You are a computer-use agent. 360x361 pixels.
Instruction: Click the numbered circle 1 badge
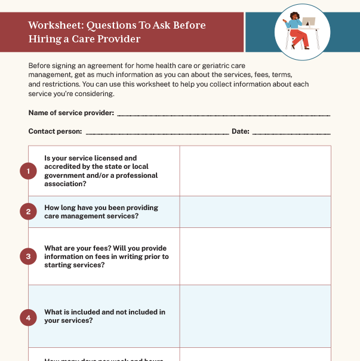28,171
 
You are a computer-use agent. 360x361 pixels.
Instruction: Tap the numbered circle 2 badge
28,211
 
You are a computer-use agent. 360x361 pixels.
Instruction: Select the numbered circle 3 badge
28,257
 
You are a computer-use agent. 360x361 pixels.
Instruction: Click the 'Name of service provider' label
71,113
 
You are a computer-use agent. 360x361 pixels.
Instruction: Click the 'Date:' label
240,131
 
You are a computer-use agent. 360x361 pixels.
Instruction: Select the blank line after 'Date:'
291,132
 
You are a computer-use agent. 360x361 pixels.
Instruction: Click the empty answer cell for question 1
255,171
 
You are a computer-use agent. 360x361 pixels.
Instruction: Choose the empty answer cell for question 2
255,212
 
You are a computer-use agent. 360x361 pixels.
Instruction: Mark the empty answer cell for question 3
255,257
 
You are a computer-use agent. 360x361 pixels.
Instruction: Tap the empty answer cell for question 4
255,316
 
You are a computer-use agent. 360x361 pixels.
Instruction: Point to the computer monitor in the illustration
309,22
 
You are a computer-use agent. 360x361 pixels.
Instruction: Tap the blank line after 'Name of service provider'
223,114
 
